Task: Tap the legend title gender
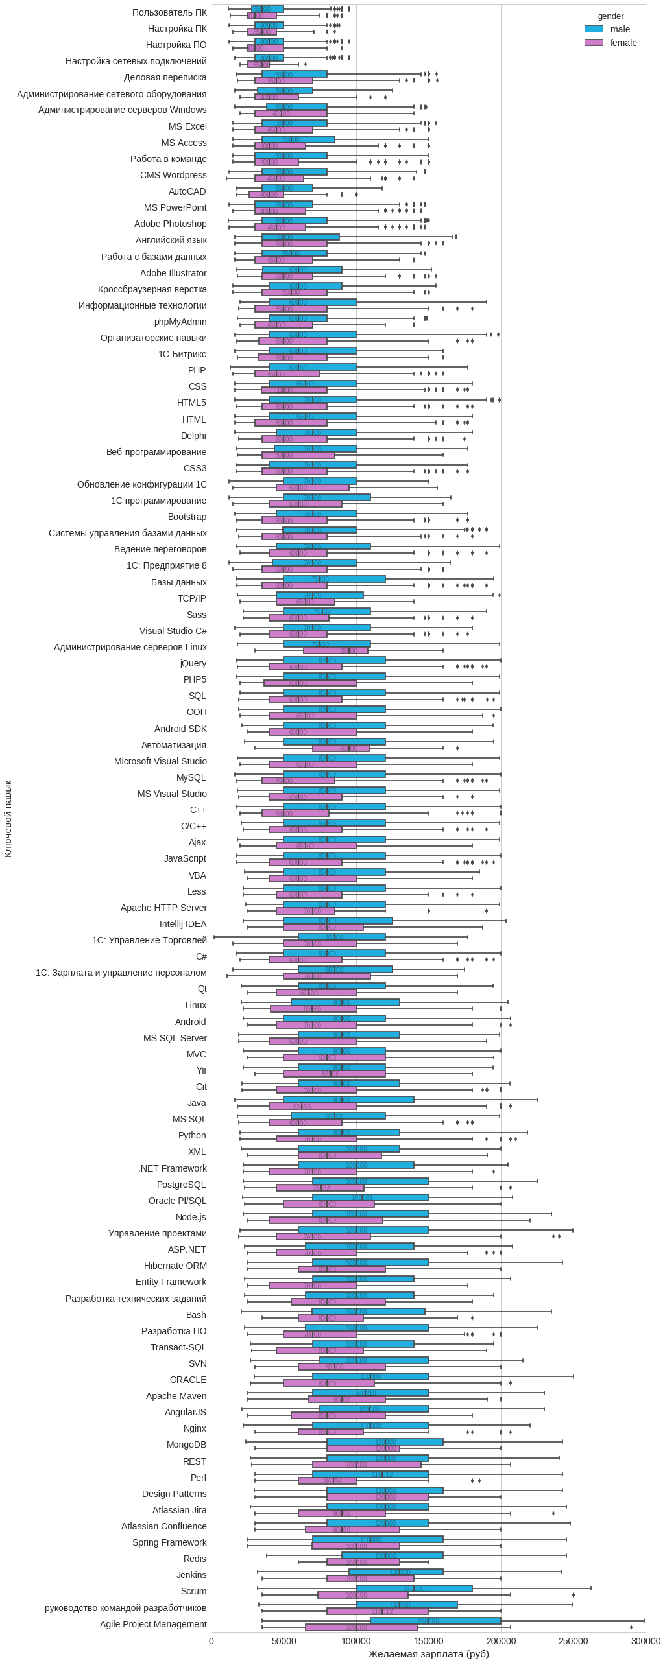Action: (x=611, y=16)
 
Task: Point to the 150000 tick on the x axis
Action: (x=429, y=1641)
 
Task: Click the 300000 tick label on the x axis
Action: (x=646, y=1641)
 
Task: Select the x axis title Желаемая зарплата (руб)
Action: (x=428, y=1654)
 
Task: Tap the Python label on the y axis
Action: (x=192, y=1135)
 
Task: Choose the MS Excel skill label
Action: (x=187, y=126)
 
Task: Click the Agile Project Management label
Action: (x=153, y=1624)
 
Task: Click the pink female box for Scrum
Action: (x=363, y=1595)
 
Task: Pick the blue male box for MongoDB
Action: (x=385, y=1442)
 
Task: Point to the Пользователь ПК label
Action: (x=169, y=12)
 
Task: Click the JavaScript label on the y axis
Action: (x=185, y=858)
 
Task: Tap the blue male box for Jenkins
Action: (x=396, y=1572)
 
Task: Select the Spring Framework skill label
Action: (x=169, y=1542)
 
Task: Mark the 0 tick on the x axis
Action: (x=212, y=1641)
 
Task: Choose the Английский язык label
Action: (x=171, y=240)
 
